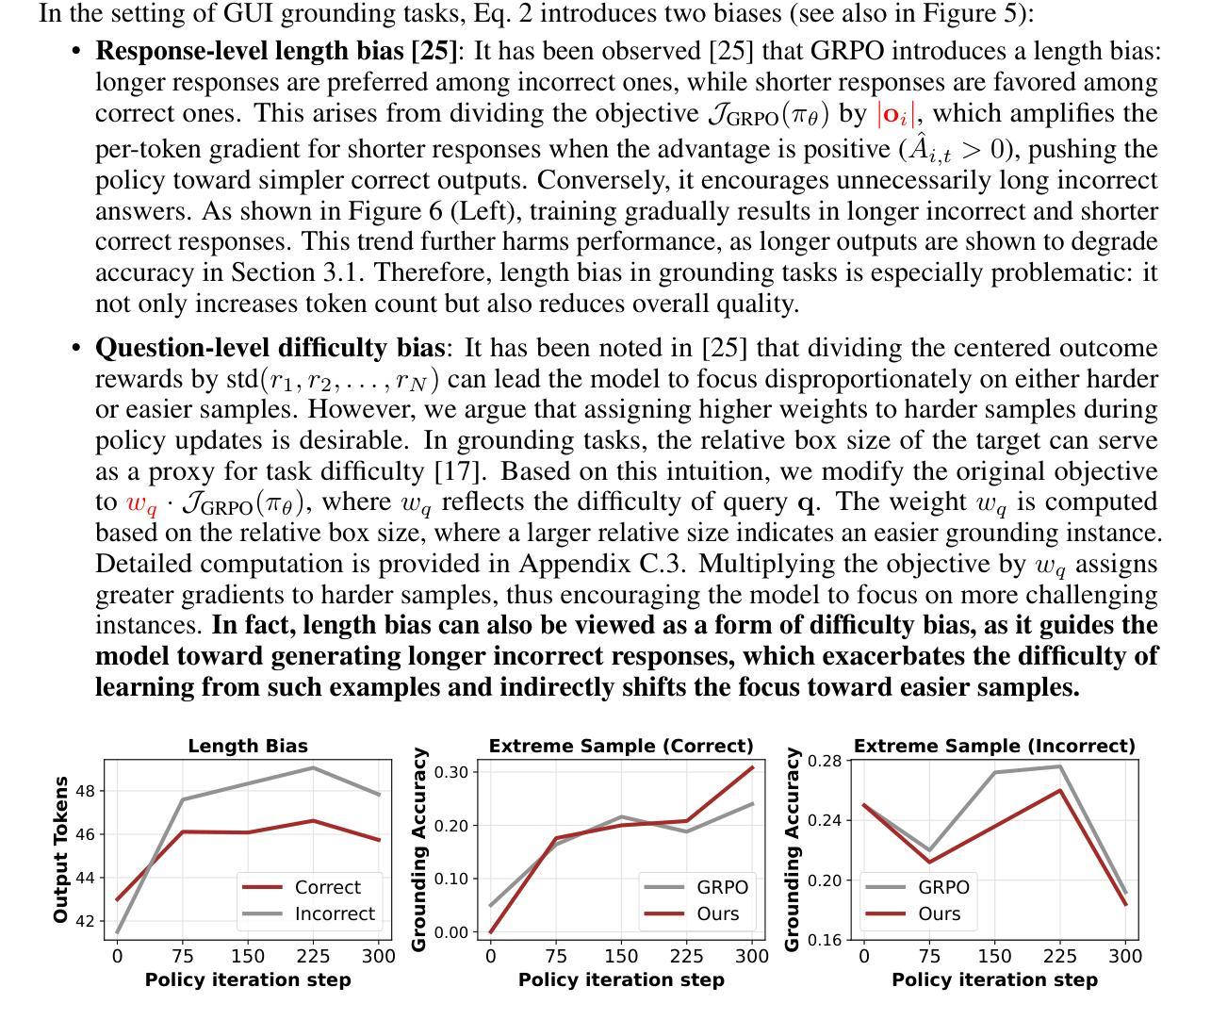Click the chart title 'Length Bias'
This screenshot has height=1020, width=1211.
click(248, 746)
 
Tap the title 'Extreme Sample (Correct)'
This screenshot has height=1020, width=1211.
click(621, 746)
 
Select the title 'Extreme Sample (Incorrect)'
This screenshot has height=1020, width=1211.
click(994, 746)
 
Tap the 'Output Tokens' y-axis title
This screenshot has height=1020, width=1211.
click(60, 849)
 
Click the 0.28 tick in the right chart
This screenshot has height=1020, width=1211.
click(825, 761)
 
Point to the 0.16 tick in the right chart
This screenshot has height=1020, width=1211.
click(825, 939)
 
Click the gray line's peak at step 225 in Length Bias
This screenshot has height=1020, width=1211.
click(313, 767)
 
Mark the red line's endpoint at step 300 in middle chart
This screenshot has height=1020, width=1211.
click(753, 767)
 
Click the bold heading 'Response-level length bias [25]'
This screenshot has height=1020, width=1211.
click(276, 51)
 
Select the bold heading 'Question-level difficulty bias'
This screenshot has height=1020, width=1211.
click(270, 348)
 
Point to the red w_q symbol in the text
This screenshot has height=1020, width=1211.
click(142, 503)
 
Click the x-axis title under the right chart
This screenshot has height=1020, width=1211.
click(994, 979)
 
